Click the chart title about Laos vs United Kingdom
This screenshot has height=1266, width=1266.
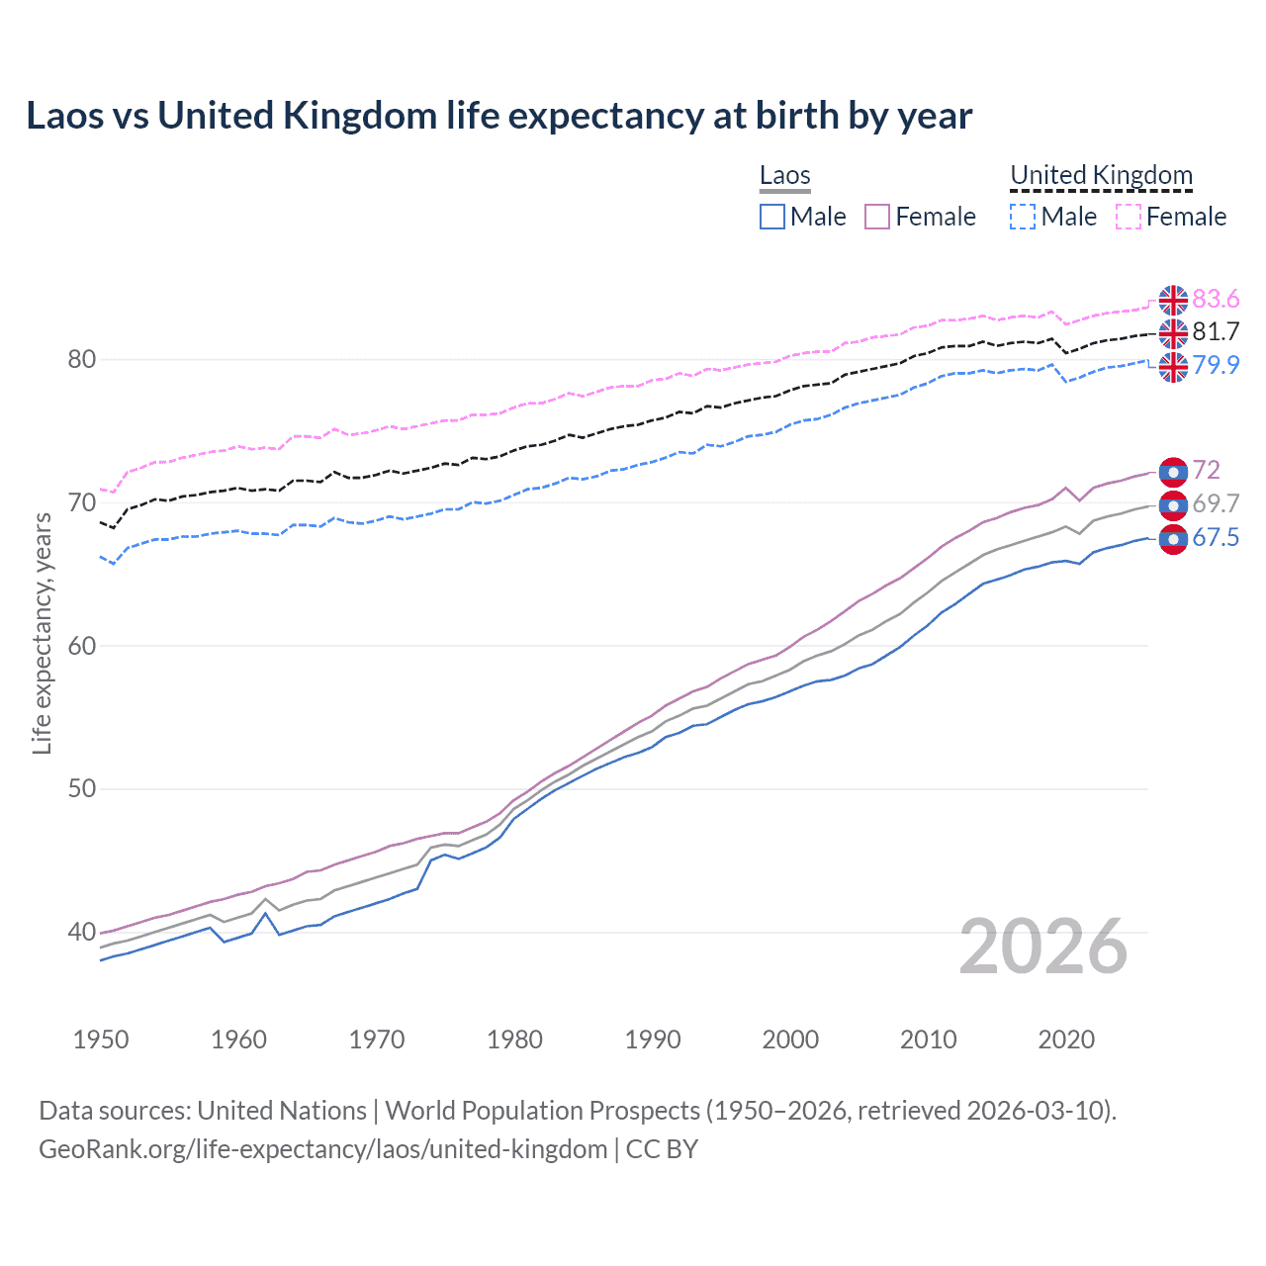coord(498,116)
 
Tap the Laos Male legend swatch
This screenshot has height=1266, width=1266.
coord(772,217)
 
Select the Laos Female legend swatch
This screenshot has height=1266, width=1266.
coord(877,217)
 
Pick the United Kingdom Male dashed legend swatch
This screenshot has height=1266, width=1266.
coord(1023,217)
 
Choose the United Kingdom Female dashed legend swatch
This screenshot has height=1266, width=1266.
coord(1129,217)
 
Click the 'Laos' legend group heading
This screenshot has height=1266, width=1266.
coord(784,176)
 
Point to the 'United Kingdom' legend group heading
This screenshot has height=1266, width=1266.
coord(1101,176)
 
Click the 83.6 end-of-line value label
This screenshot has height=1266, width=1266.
coord(1216,299)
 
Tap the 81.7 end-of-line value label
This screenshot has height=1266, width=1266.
coord(1216,331)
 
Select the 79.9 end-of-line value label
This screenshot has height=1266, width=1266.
coord(1216,365)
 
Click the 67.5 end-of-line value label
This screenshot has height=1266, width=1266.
coord(1216,537)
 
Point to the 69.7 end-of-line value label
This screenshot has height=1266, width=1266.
coord(1216,503)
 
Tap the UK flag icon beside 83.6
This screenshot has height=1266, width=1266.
coord(1173,299)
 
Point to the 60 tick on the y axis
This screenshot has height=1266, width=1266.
coord(82,646)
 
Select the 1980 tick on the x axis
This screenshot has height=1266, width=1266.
coord(514,1040)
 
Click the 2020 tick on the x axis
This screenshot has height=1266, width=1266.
coord(1066,1040)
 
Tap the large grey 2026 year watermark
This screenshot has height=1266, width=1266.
coord(1043,947)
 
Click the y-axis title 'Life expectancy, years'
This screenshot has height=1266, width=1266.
coord(42,633)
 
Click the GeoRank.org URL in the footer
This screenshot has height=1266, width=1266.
coord(322,1149)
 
